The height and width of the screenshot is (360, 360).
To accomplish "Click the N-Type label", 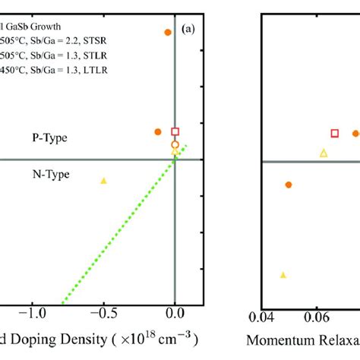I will pyautogui.click(x=50, y=174).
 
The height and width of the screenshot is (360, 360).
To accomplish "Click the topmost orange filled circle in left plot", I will pyautogui.click(x=168, y=32).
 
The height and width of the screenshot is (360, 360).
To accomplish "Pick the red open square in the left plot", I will pyautogui.click(x=175, y=131).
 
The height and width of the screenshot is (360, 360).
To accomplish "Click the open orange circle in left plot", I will pyautogui.click(x=175, y=144).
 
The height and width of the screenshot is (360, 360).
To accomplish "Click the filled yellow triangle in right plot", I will pyautogui.click(x=283, y=275).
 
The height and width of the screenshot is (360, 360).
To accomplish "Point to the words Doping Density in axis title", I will pyautogui.click(x=61, y=337).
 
